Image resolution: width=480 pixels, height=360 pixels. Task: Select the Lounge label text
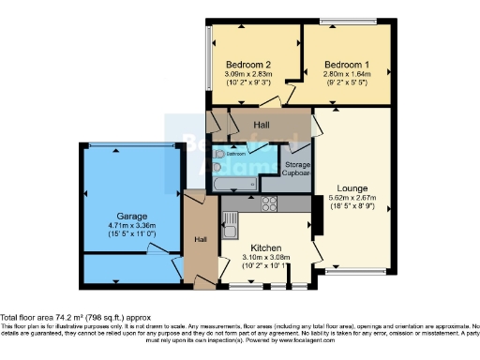pyautogui.click(x=353, y=187)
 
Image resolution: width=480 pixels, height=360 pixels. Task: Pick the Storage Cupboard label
pyautogui.click(x=298, y=170)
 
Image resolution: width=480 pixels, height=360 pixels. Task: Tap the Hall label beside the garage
pyautogui.click(x=200, y=239)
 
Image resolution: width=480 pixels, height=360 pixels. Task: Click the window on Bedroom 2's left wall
pyautogui.click(x=207, y=58)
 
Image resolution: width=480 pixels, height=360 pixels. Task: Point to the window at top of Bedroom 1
pyautogui.click(x=348, y=22)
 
